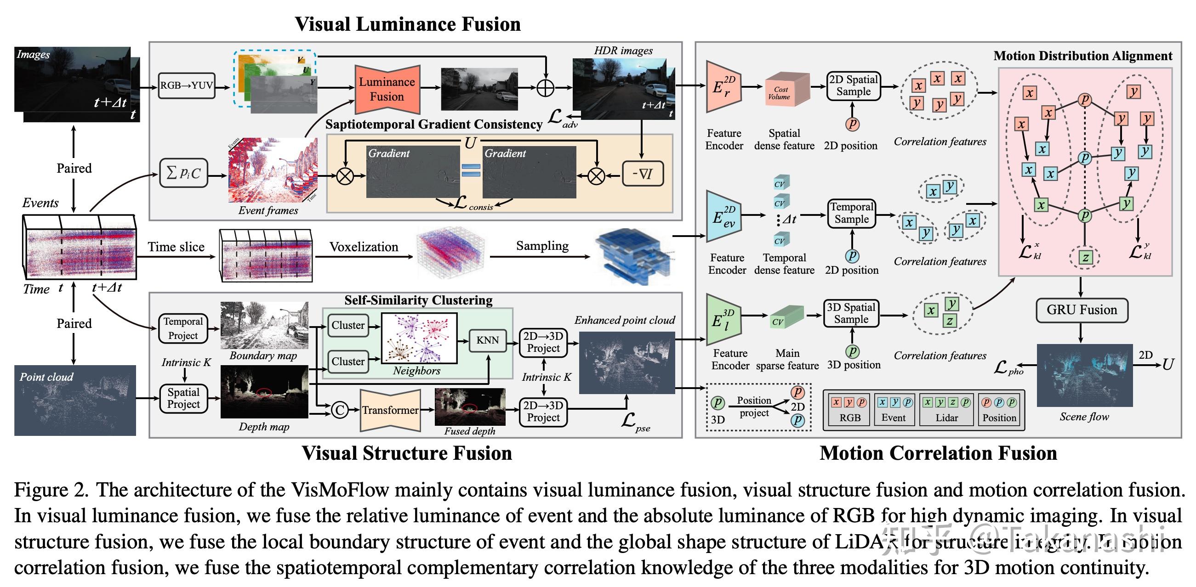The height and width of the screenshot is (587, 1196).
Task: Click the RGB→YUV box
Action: click(x=186, y=85)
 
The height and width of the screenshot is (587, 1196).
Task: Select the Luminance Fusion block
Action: click(x=387, y=89)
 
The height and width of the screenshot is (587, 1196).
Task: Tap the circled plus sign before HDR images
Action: click(x=546, y=87)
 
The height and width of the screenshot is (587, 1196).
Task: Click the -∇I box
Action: click(x=643, y=174)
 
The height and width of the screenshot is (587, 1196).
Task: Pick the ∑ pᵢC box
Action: click(x=183, y=173)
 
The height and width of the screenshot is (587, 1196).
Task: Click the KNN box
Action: click(x=487, y=340)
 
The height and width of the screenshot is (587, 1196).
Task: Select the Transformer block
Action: click(x=390, y=410)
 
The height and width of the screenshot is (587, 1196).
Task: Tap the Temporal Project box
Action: click(x=183, y=328)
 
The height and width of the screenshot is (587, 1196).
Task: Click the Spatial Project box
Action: click(x=183, y=398)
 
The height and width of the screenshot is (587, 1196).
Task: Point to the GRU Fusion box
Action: click(x=1082, y=310)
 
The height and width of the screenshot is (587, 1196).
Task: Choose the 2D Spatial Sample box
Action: click(x=854, y=86)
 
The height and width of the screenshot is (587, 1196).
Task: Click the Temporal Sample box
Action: click(x=852, y=213)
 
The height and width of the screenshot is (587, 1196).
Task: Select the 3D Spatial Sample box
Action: click(x=851, y=313)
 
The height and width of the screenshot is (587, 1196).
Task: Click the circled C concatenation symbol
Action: click(x=340, y=410)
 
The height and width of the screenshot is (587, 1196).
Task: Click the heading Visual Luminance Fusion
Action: click(x=408, y=24)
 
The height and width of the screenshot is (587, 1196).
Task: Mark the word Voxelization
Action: click(x=364, y=247)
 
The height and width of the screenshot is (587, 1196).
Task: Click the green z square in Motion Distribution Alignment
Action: click(x=1085, y=258)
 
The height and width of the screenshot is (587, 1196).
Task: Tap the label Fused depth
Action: click(x=469, y=431)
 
